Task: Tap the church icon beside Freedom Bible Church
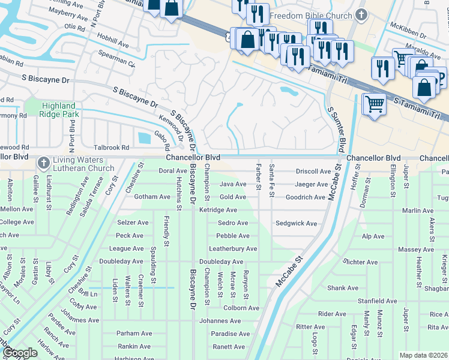361,14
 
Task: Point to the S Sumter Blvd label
336,128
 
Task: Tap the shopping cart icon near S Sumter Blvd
375,104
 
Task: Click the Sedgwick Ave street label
296,223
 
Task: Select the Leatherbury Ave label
233,248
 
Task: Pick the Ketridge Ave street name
218,210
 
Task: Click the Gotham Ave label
152,197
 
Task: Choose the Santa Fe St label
272,178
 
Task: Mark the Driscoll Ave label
313,171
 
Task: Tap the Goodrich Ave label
305,197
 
